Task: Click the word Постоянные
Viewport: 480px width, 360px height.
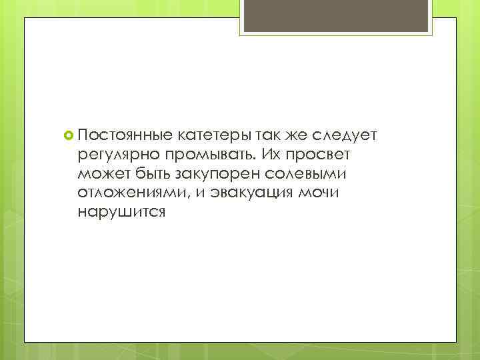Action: click(125, 136)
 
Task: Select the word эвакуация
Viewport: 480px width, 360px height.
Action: click(251, 193)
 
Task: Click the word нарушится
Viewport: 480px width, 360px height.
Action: click(119, 213)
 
